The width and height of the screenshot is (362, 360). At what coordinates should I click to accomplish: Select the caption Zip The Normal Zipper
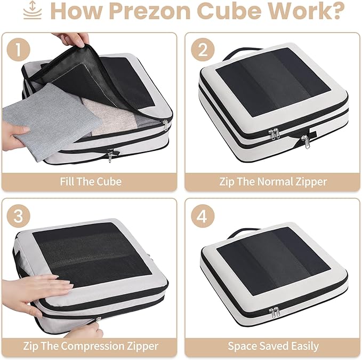tap(273, 181)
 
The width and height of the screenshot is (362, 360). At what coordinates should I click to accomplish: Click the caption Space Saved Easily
tap(273, 346)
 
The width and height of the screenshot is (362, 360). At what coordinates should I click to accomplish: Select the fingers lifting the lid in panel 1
tap(72, 39)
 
